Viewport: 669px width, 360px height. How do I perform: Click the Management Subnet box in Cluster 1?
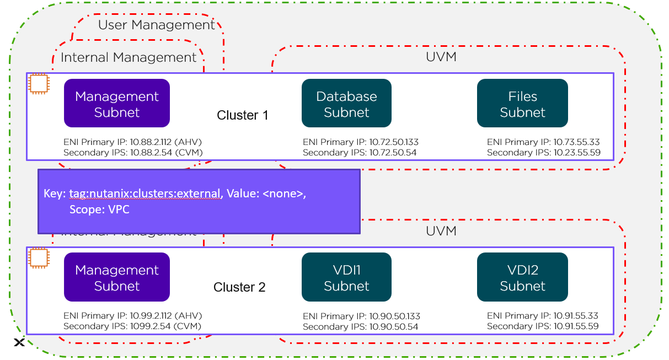[x=117, y=104]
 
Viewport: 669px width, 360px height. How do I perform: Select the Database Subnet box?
[x=346, y=104]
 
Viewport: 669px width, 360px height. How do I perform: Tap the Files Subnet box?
[x=522, y=104]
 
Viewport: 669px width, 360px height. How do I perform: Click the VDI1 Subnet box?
[x=346, y=277]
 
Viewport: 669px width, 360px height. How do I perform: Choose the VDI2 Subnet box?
[x=522, y=277]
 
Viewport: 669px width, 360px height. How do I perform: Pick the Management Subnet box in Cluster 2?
[x=117, y=277]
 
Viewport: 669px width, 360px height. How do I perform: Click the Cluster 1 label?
[x=242, y=115]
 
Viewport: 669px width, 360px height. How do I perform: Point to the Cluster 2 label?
[x=239, y=287]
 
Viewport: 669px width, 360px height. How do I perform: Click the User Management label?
[x=156, y=25]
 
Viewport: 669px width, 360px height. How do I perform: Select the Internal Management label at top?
[x=129, y=57]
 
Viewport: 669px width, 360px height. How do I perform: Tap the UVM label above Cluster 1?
[x=441, y=57]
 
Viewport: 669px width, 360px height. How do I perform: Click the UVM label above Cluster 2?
[x=441, y=231]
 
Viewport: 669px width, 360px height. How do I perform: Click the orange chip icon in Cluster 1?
[x=38, y=84]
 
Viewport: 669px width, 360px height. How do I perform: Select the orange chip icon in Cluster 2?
[x=38, y=258]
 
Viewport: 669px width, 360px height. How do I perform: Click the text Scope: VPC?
[x=99, y=209]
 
